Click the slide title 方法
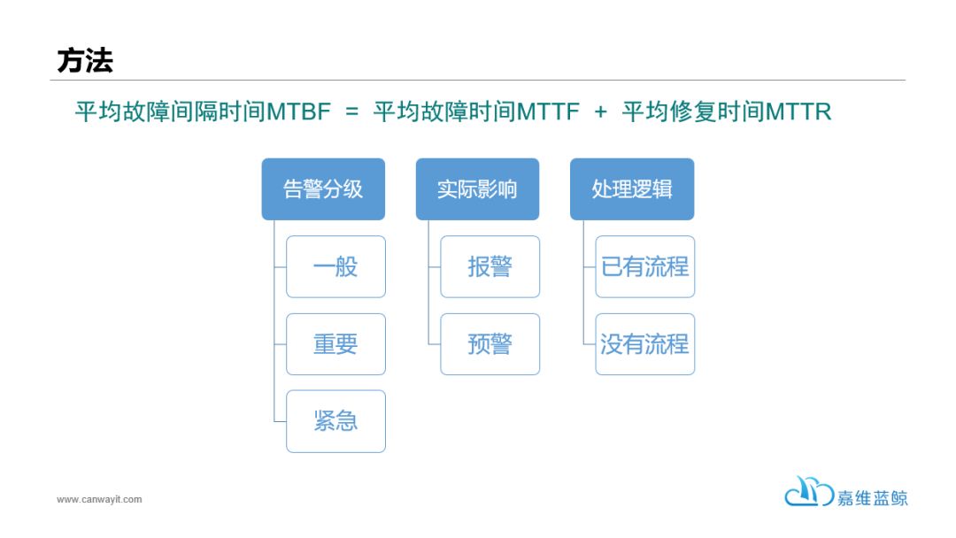click(85, 61)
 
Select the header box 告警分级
click(323, 188)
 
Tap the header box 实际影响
click(477, 188)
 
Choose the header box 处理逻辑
click(632, 188)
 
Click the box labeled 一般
click(336, 267)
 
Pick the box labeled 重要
click(336, 344)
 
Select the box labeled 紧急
click(336, 421)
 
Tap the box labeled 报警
click(490, 267)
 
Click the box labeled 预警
click(490, 344)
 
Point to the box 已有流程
click(645, 267)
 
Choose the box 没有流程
click(645, 344)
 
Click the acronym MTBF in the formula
click(299, 111)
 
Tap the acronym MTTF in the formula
click(548, 111)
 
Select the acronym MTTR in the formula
click(798, 111)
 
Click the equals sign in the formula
click(351, 112)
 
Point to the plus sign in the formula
click(600, 112)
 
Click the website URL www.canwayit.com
click(99, 500)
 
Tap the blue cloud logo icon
click(809, 491)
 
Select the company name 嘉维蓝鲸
click(873, 498)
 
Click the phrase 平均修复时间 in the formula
click(693, 111)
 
